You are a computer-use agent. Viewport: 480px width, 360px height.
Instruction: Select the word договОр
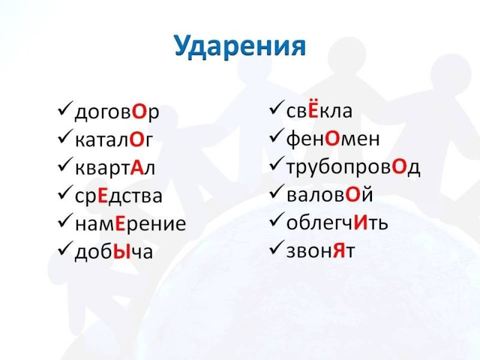pyautogui.click(x=117, y=112)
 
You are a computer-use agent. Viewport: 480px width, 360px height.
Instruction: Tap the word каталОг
pyautogui.click(x=113, y=140)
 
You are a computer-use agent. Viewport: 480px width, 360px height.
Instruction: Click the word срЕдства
pyautogui.click(x=118, y=196)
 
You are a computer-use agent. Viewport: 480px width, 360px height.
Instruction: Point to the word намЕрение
pyautogui.click(x=130, y=224)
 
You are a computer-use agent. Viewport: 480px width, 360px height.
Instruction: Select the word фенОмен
pyautogui.click(x=332, y=139)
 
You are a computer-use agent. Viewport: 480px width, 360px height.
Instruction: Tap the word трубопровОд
pyautogui.click(x=353, y=167)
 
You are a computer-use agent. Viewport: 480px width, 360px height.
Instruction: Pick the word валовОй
pyautogui.click(x=330, y=196)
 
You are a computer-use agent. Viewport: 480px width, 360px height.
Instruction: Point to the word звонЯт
pyautogui.click(x=320, y=251)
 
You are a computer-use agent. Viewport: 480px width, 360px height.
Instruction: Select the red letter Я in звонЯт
pyautogui.click(x=338, y=251)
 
